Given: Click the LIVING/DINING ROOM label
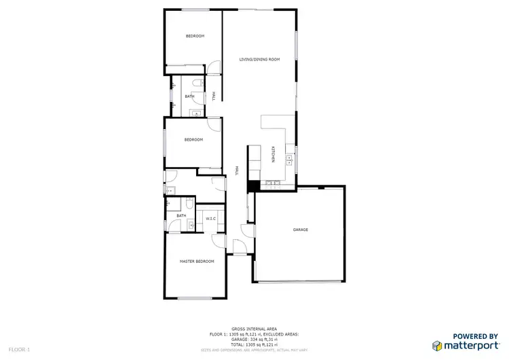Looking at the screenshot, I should [x=259, y=60].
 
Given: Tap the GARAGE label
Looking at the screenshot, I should [x=301, y=230].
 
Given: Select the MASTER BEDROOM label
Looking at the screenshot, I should [x=197, y=262].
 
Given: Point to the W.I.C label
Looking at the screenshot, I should [x=210, y=219].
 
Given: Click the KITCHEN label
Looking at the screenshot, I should [x=273, y=154].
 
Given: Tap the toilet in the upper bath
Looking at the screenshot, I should [x=195, y=83].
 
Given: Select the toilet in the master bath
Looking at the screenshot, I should [x=188, y=204].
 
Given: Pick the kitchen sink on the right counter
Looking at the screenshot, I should [x=290, y=161].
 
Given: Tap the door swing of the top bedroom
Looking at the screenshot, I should [x=214, y=67].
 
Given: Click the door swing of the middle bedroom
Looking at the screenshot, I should [x=213, y=124].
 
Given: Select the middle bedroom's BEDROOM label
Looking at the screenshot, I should [x=194, y=140].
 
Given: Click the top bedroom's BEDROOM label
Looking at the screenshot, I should [x=195, y=36].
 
